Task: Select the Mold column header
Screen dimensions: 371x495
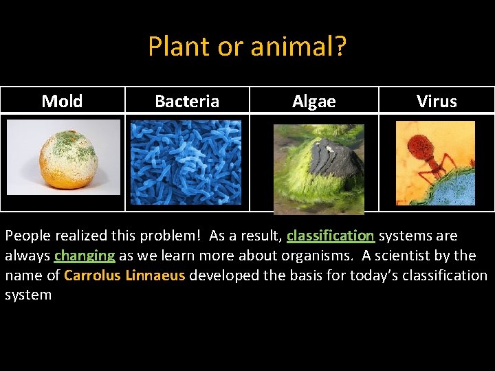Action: coord(62,102)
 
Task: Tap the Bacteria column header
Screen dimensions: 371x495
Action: coord(187,102)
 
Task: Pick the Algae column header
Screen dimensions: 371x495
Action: coord(313,102)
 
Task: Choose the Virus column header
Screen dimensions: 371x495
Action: coord(437,102)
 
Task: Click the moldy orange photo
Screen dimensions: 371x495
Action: coord(67,159)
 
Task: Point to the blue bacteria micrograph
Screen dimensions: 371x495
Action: coord(186,162)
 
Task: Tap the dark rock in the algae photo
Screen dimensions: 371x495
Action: coord(335,159)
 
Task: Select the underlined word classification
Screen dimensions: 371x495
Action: coord(330,236)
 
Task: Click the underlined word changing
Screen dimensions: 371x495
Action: coord(85,256)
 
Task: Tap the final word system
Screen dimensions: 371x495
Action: coord(28,295)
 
